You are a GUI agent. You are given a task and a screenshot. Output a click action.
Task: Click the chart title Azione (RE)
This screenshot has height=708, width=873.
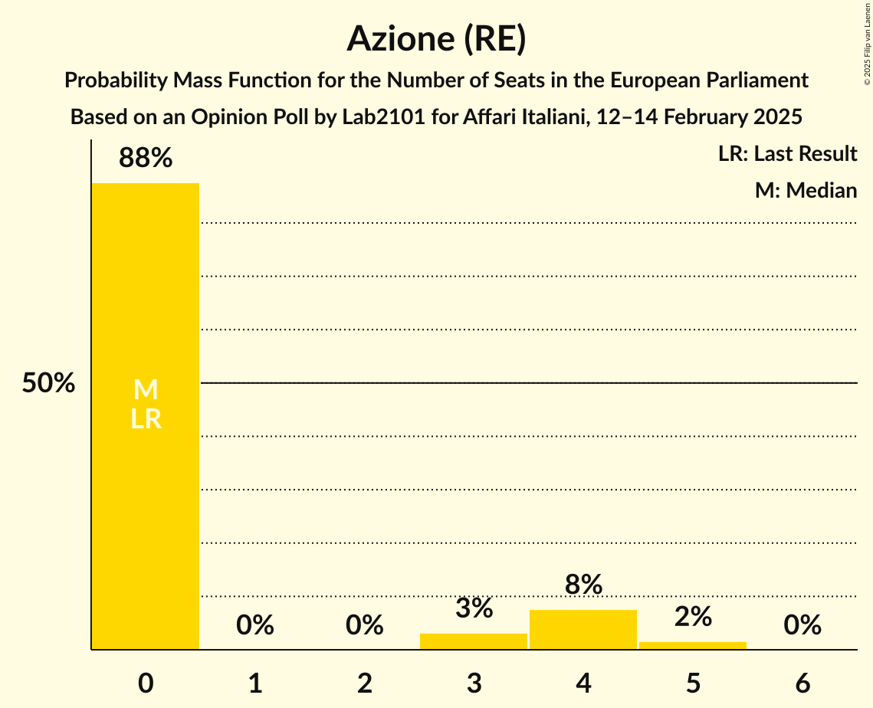(436, 38)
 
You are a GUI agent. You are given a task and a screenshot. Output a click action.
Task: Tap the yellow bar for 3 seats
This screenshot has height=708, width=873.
(474, 641)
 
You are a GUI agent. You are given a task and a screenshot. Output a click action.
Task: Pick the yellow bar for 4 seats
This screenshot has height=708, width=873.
(583, 629)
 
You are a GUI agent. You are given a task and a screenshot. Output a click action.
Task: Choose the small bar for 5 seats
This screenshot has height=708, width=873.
(692, 645)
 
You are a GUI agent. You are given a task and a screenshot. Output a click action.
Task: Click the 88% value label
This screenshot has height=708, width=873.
(146, 159)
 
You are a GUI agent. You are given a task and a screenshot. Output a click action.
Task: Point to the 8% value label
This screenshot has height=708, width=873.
(583, 585)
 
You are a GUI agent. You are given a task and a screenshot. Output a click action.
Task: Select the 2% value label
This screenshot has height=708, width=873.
(692, 617)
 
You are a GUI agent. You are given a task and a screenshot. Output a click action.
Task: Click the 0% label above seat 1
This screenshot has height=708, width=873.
(255, 625)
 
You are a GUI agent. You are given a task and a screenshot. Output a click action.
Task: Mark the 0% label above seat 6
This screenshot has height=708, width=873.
(802, 625)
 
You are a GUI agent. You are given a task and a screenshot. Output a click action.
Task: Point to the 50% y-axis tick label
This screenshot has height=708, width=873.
(48, 383)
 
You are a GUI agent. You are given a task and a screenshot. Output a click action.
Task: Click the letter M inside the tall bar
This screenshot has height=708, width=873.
(146, 390)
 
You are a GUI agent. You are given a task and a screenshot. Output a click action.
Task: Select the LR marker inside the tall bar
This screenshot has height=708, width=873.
(146, 419)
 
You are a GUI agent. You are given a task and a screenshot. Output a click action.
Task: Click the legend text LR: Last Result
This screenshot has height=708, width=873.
(787, 154)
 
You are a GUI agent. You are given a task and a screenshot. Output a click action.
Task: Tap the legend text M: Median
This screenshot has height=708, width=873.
(806, 190)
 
